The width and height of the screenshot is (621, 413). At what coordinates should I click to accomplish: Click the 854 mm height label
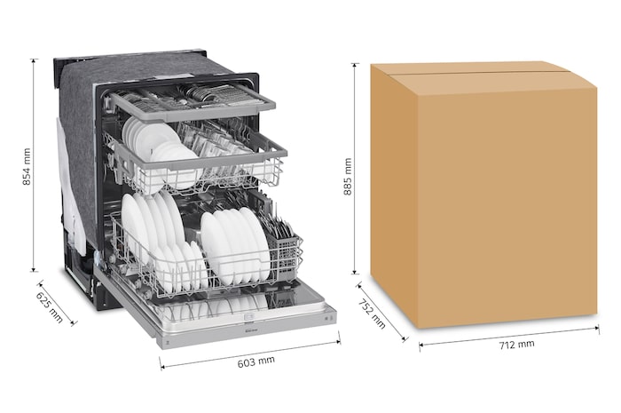[27, 164]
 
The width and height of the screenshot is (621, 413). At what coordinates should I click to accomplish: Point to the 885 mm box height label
[348, 176]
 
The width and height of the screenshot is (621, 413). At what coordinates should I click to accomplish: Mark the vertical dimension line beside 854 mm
[35, 164]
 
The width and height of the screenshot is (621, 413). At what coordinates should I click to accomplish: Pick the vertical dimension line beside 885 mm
[355, 169]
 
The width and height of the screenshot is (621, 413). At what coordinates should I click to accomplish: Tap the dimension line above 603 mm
[249, 350]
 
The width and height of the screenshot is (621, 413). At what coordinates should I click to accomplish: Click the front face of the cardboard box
[506, 204]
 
